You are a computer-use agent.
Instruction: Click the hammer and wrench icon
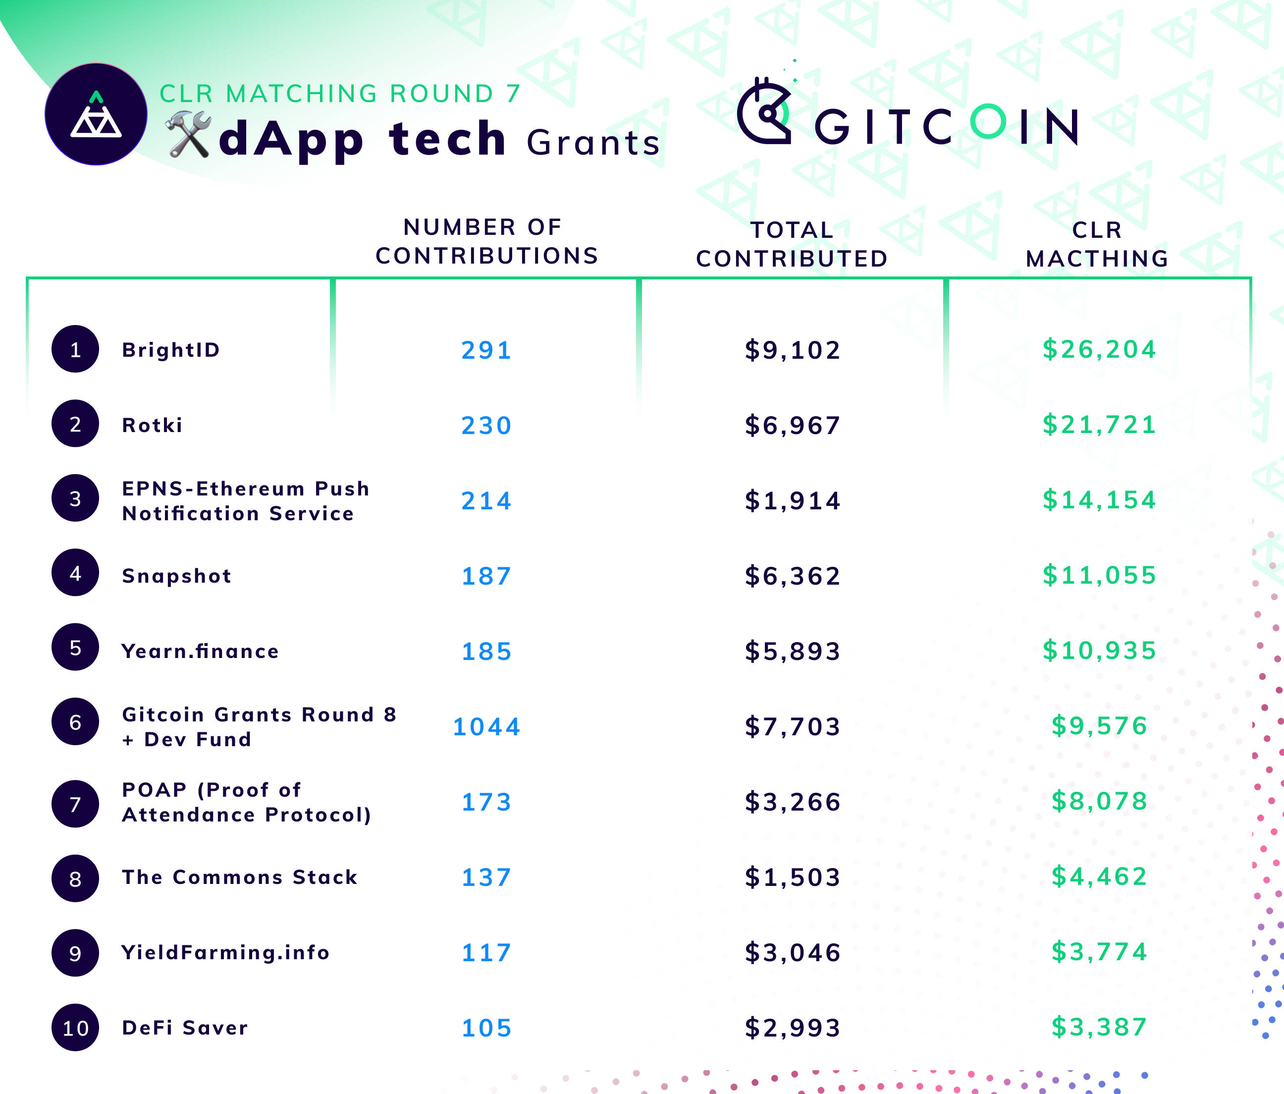pos(188,134)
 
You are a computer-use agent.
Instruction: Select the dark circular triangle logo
pos(96,114)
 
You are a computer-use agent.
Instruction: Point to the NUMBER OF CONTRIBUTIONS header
pos(486,241)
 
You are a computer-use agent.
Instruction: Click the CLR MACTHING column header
pos(1097,244)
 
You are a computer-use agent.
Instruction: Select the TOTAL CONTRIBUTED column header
pos(792,244)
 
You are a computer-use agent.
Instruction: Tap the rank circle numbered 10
pos(75,1028)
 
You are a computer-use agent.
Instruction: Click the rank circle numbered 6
pos(75,722)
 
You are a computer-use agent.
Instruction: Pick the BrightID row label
pos(171,350)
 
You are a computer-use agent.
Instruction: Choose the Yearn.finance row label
pos(200,651)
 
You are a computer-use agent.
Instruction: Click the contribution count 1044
pos(486,726)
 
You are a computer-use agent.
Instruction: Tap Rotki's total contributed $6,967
pos(793,425)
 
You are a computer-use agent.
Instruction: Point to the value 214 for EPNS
pos(486,501)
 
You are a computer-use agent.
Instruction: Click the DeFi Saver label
pos(185,1028)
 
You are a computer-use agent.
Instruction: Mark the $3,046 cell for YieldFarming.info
pos(793,953)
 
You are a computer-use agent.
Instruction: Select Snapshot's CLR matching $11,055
pos(1099,575)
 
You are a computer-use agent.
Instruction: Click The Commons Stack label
pos(239,877)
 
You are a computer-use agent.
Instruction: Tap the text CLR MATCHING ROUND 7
pos(340,94)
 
